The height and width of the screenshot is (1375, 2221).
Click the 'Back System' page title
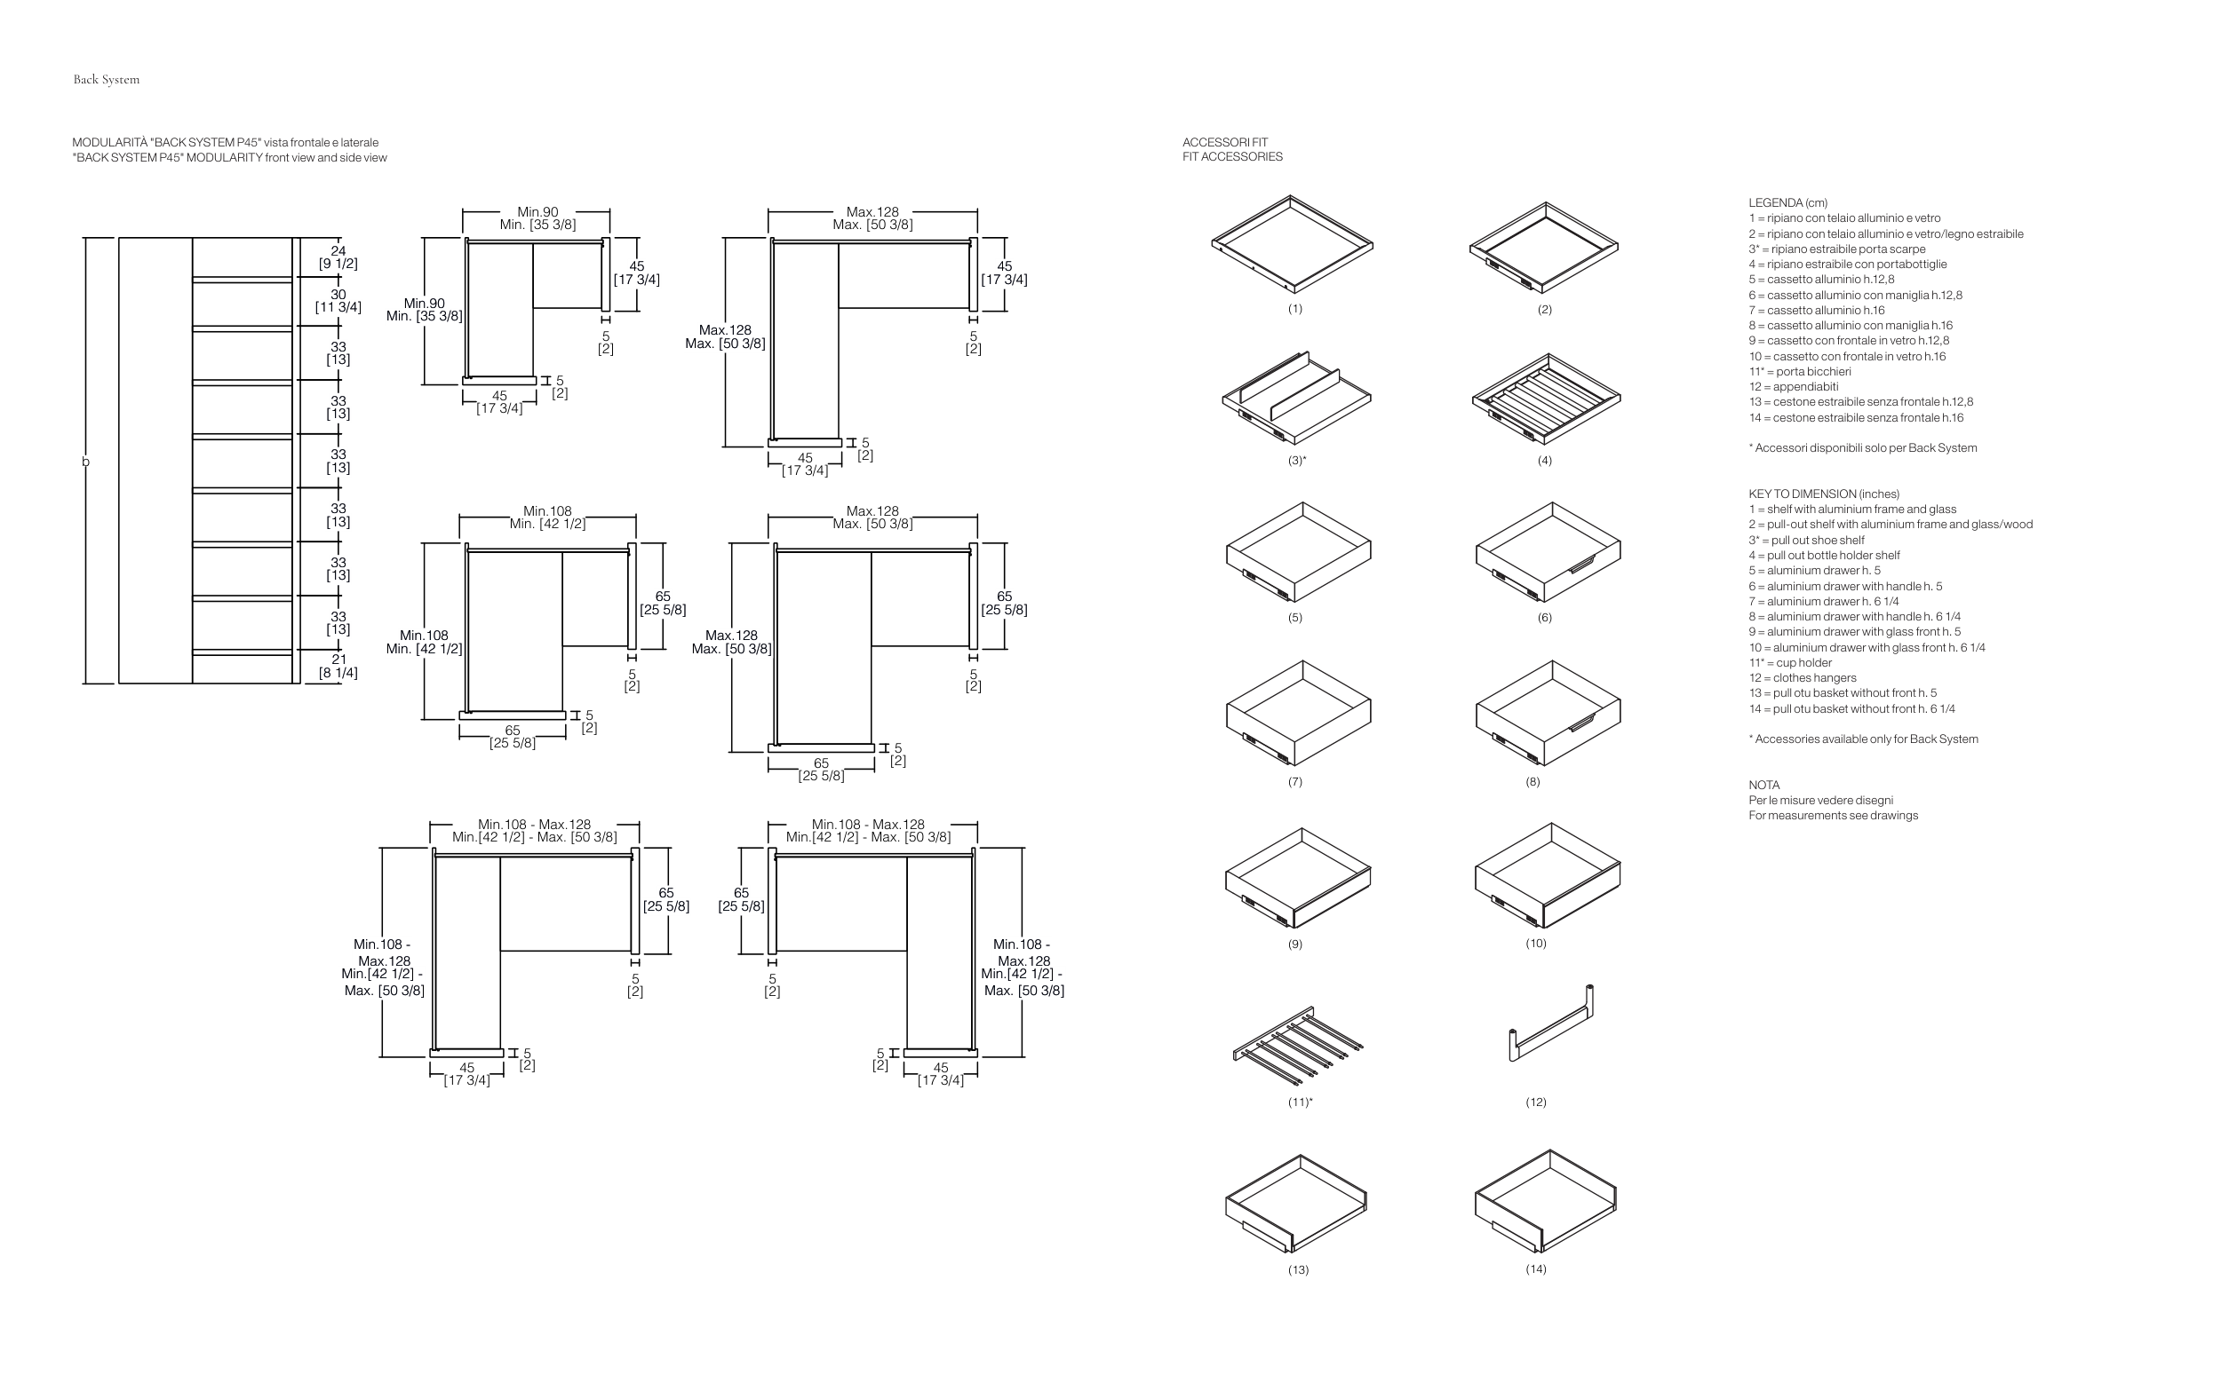coord(107,79)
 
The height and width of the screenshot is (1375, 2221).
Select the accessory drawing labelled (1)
coord(1292,244)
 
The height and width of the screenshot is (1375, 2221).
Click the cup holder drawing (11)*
coord(1296,1045)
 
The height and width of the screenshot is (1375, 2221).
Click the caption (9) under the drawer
coord(1294,944)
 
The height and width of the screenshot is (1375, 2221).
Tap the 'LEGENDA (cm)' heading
coord(1787,202)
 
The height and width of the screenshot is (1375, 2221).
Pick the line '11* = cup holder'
coord(1790,663)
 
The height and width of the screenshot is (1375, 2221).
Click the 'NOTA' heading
coord(1763,785)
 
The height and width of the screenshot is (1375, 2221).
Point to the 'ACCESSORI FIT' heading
coord(1225,142)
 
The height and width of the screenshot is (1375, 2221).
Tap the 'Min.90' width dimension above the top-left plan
coord(537,212)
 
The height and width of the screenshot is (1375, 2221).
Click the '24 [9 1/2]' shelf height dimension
coord(338,257)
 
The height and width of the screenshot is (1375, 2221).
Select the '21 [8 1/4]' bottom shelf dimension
coord(338,666)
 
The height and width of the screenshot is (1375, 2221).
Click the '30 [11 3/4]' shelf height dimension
coord(338,301)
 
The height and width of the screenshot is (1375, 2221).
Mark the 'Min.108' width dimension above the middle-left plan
coord(548,511)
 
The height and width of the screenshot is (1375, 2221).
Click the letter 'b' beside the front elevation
coord(86,462)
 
